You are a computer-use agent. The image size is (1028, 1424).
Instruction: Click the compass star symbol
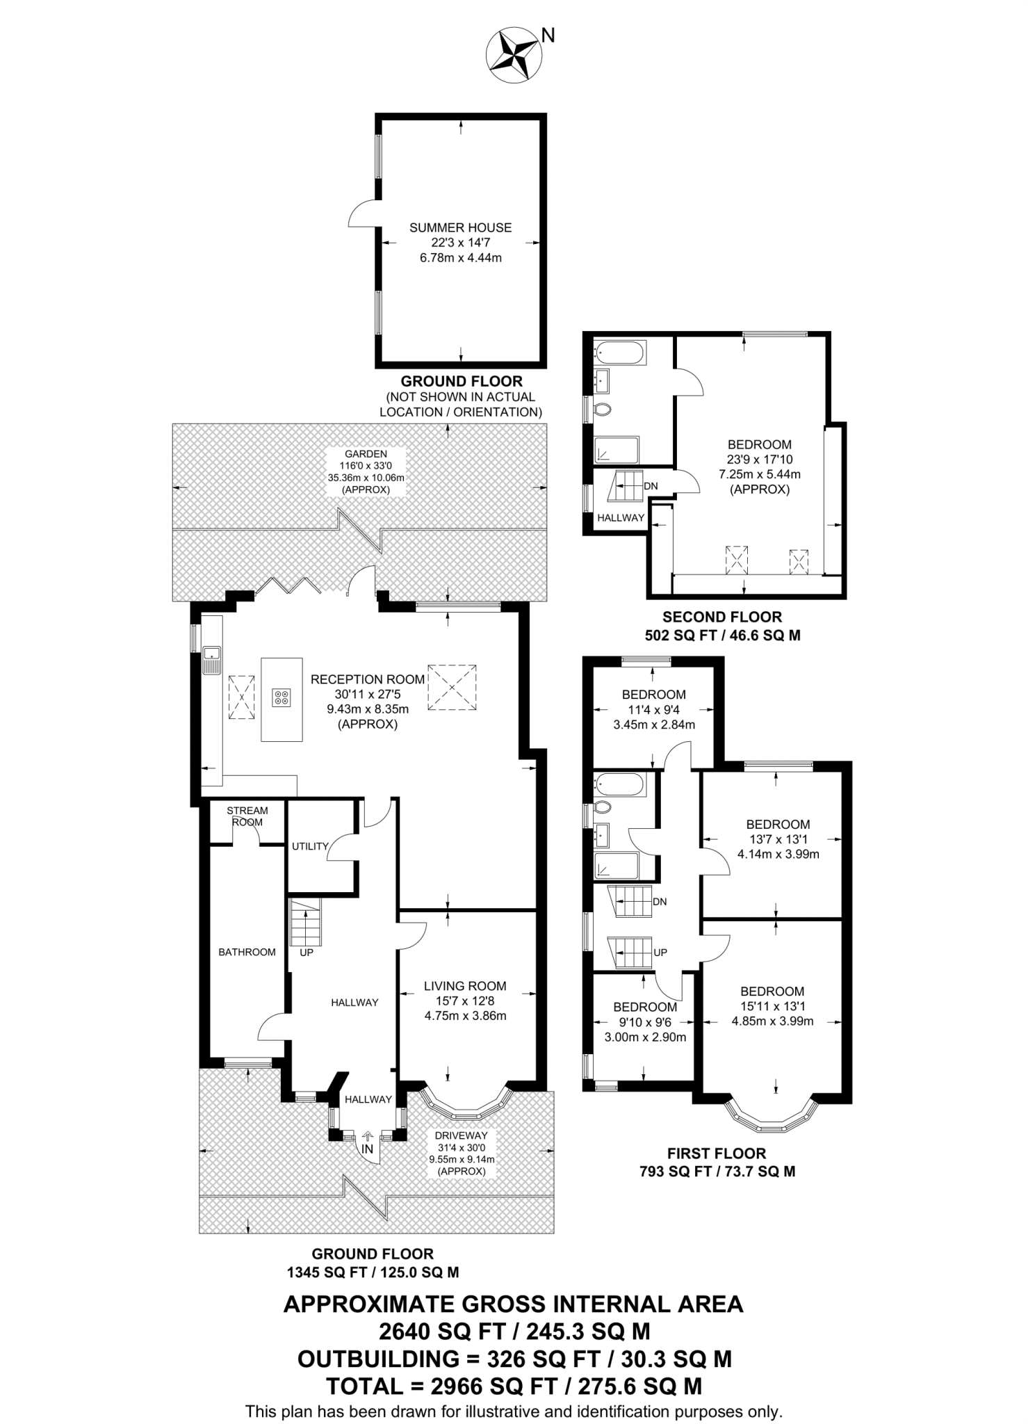(513, 55)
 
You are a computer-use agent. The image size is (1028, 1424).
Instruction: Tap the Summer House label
(460, 227)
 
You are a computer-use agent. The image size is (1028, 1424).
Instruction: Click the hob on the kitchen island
(282, 697)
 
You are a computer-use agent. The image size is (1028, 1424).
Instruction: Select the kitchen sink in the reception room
(211, 660)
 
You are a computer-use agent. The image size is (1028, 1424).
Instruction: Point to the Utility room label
(310, 846)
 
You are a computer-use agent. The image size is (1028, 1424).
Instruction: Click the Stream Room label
(247, 816)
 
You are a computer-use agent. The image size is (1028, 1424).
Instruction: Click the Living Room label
(465, 986)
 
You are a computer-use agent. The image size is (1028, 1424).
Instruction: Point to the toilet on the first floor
(602, 807)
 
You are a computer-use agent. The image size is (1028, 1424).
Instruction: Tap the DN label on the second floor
(651, 486)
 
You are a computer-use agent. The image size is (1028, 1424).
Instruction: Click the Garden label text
(366, 454)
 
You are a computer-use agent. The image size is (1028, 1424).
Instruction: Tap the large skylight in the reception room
(452, 688)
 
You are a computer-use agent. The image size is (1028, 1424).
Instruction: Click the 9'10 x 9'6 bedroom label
(644, 1022)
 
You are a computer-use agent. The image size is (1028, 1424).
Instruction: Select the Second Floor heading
(721, 617)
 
